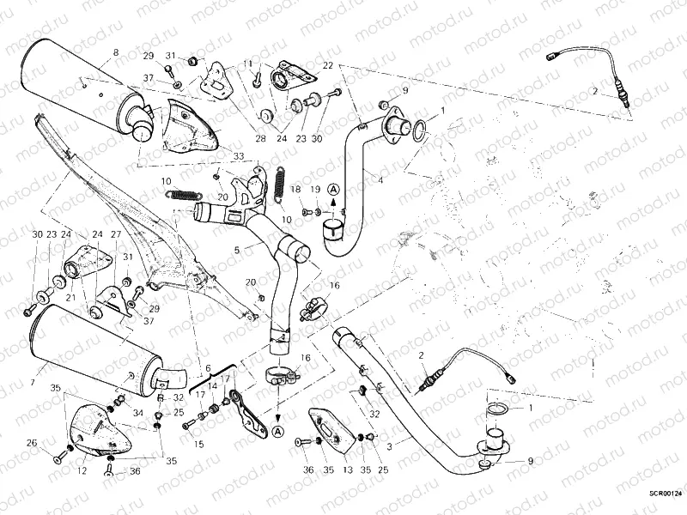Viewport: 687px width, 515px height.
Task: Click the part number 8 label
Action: [115, 53]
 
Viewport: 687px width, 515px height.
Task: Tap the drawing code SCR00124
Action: [666, 493]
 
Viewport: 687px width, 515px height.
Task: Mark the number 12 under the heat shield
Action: [82, 470]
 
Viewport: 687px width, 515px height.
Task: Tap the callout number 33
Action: [238, 156]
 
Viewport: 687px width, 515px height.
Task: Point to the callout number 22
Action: [327, 66]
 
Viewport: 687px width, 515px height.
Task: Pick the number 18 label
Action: [295, 189]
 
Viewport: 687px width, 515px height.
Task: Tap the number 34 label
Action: [137, 413]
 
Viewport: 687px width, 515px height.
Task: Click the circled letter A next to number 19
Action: [333, 188]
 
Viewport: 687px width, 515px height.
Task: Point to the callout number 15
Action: [198, 444]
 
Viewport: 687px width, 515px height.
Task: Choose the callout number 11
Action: [248, 64]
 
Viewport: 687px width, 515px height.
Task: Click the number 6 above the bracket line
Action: [207, 367]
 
